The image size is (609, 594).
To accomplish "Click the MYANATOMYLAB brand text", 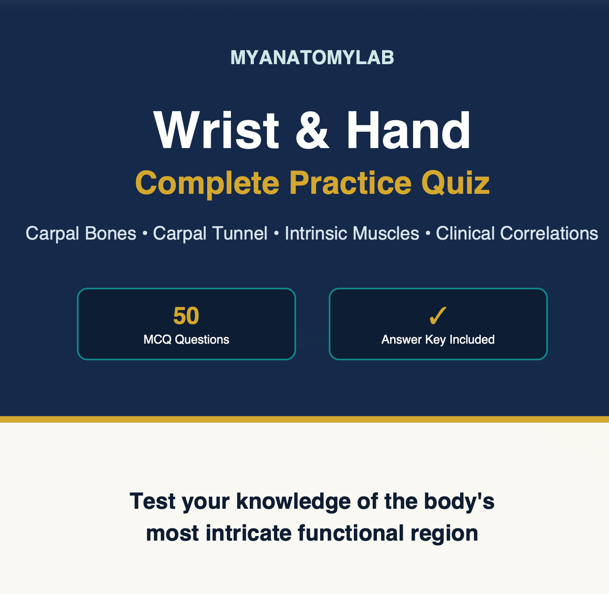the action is pos(312,57).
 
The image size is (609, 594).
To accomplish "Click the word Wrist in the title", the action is pos(216,130).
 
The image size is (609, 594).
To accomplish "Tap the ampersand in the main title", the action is pos(312,131).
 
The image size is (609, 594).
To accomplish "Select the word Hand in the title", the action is pos(408,130).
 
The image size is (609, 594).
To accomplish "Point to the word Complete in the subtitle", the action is pos(207,184).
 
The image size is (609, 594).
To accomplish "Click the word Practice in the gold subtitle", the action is pos(350,183).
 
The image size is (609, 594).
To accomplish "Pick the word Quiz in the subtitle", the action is pos(455,183).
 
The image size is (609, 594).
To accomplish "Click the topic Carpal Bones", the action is pos(81,233).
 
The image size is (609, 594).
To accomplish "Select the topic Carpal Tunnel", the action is pos(210,233).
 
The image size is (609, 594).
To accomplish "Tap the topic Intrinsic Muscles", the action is pos(352,233).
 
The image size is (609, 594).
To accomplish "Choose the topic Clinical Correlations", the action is pos(517,233).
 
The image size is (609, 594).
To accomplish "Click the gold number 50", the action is pos(186,316).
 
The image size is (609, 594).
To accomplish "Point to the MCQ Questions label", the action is pos(186,340).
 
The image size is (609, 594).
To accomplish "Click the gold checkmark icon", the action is pos(438,316).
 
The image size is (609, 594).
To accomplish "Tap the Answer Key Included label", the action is pos(438,340).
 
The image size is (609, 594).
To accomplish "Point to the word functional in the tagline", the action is pos(351,533).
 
